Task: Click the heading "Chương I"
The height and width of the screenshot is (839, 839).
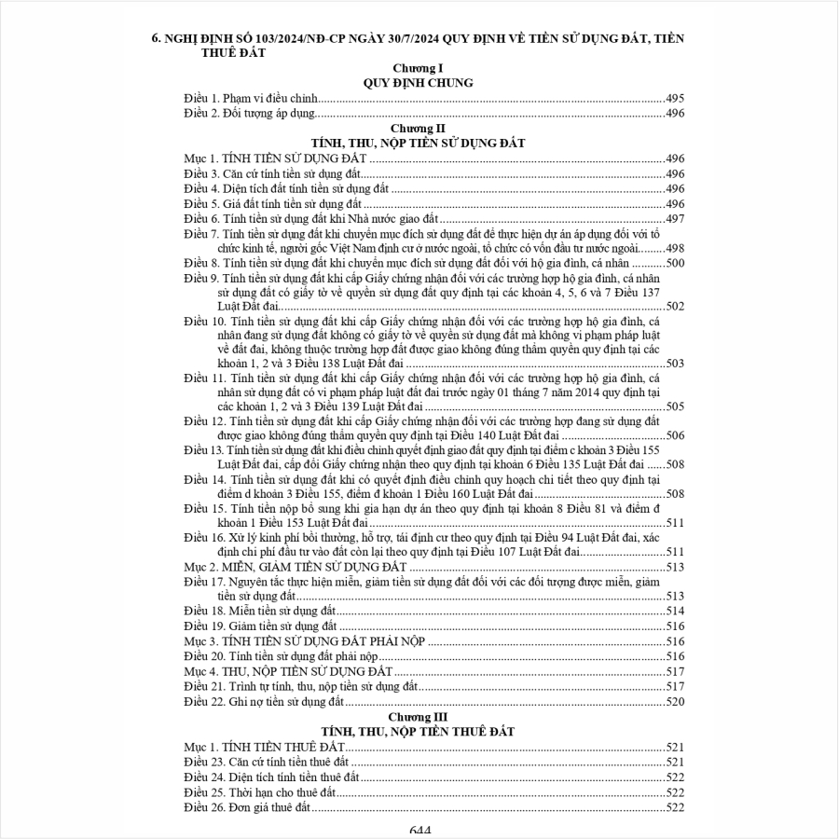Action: click(418, 69)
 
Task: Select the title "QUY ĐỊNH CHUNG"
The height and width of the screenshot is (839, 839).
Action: click(418, 83)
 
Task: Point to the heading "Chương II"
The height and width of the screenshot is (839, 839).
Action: click(418, 128)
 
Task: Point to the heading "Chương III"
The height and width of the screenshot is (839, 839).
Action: click(418, 717)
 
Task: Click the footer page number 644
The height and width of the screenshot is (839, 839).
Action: click(419, 831)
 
